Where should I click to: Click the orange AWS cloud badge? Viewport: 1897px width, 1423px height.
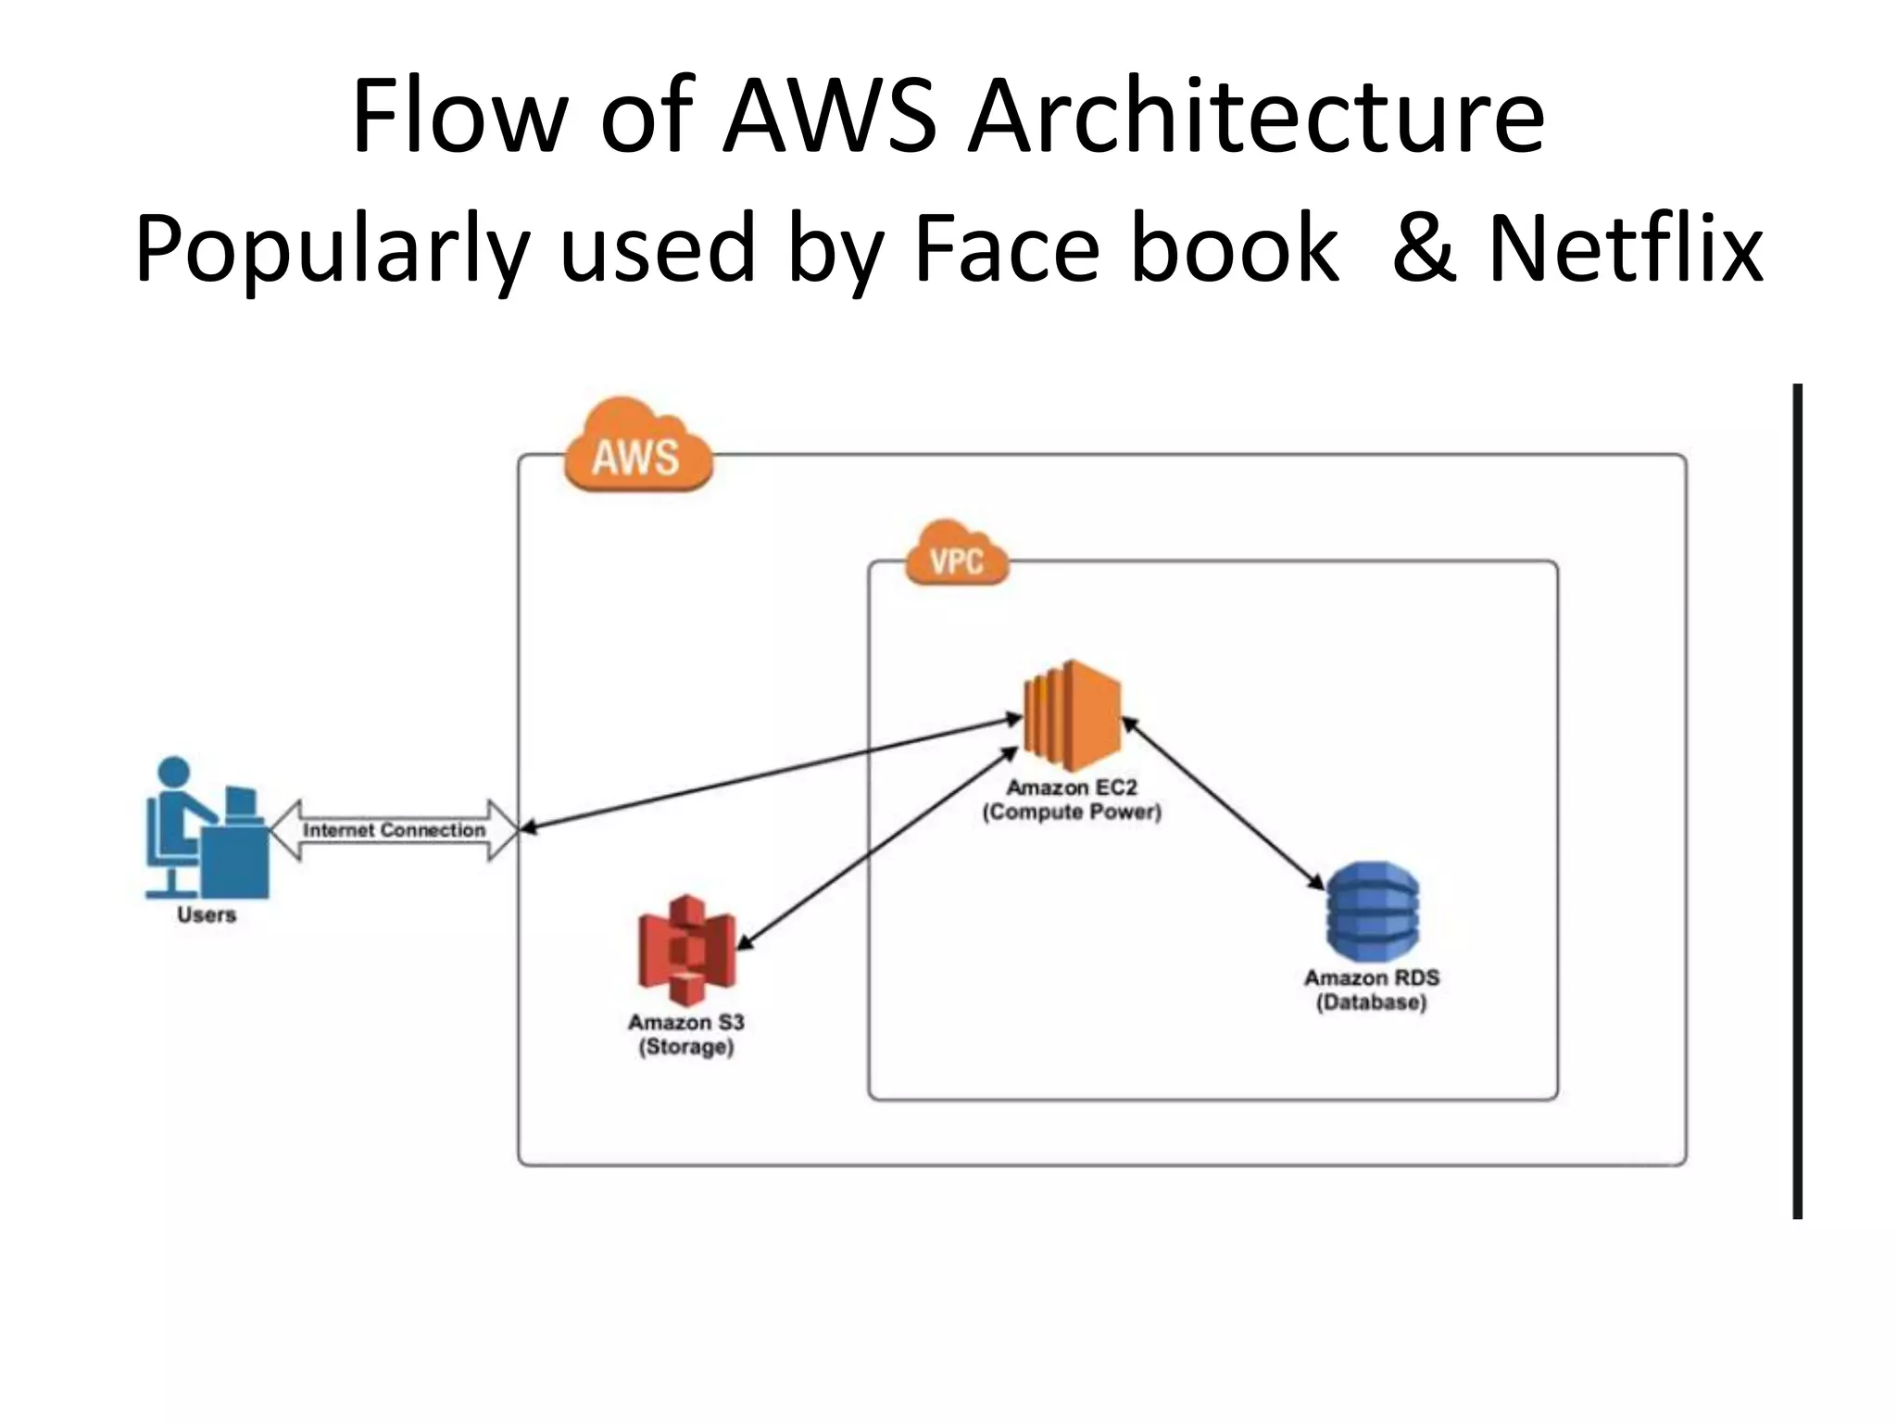coord(637,448)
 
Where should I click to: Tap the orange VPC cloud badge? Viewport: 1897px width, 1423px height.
coord(956,555)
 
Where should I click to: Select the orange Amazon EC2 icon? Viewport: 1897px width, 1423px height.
coord(1072,716)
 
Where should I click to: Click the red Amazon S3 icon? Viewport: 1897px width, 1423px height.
coord(686,951)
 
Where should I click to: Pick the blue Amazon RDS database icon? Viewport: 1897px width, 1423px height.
coord(1372,912)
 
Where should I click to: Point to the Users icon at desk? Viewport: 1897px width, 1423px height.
coord(207,830)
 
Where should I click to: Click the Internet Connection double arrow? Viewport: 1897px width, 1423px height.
coord(394,830)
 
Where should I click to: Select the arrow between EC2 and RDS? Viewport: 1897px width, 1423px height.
coord(1223,803)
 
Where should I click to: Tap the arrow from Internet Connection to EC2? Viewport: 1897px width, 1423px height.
coord(769,773)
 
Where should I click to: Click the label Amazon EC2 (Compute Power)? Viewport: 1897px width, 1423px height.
coord(1072,800)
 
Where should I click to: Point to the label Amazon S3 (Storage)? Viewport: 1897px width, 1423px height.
coord(686,1034)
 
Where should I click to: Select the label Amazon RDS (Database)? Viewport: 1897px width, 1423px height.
coord(1372,989)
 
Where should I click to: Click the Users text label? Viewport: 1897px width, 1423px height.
coord(207,915)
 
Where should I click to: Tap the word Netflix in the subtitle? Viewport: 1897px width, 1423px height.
coord(1625,248)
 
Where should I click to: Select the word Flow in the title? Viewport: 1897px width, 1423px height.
coord(459,118)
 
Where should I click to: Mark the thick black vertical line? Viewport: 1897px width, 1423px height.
coord(1797,800)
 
